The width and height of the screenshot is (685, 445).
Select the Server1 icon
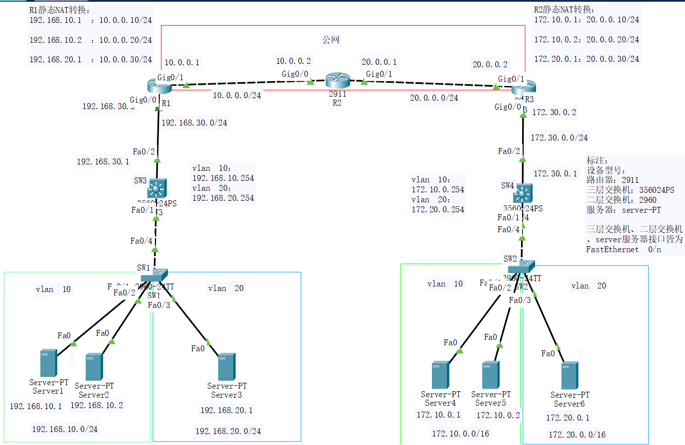tap(48, 363)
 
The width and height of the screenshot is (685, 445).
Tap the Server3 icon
tap(227, 367)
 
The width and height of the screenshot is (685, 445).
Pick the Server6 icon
tap(569, 375)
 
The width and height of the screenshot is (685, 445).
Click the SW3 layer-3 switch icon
tap(157, 189)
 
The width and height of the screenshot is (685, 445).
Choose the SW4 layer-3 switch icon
tap(523, 193)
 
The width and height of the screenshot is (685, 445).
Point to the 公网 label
tap(331, 39)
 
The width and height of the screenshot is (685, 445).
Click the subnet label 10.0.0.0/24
tap(237, 95)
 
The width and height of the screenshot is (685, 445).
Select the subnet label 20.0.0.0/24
tap(434, 98)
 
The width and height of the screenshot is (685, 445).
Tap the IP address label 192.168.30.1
tap(103, 161)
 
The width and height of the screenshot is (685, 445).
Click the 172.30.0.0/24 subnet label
tap(559, 138)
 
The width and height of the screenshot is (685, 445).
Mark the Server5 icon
tap(491, 375)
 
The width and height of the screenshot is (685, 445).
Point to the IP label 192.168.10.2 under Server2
tap(97, 405)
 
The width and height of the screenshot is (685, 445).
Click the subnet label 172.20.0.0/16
tap(577, 435)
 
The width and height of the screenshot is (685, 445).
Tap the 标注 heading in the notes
tap(597, 160)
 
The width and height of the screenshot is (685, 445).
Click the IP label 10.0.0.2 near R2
tap(293, 61)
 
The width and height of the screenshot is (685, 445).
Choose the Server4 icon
tap(440, 375)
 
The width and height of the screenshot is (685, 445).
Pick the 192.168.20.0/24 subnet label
tap(228, 431)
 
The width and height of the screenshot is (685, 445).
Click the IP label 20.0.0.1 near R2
tap(379, 62)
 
